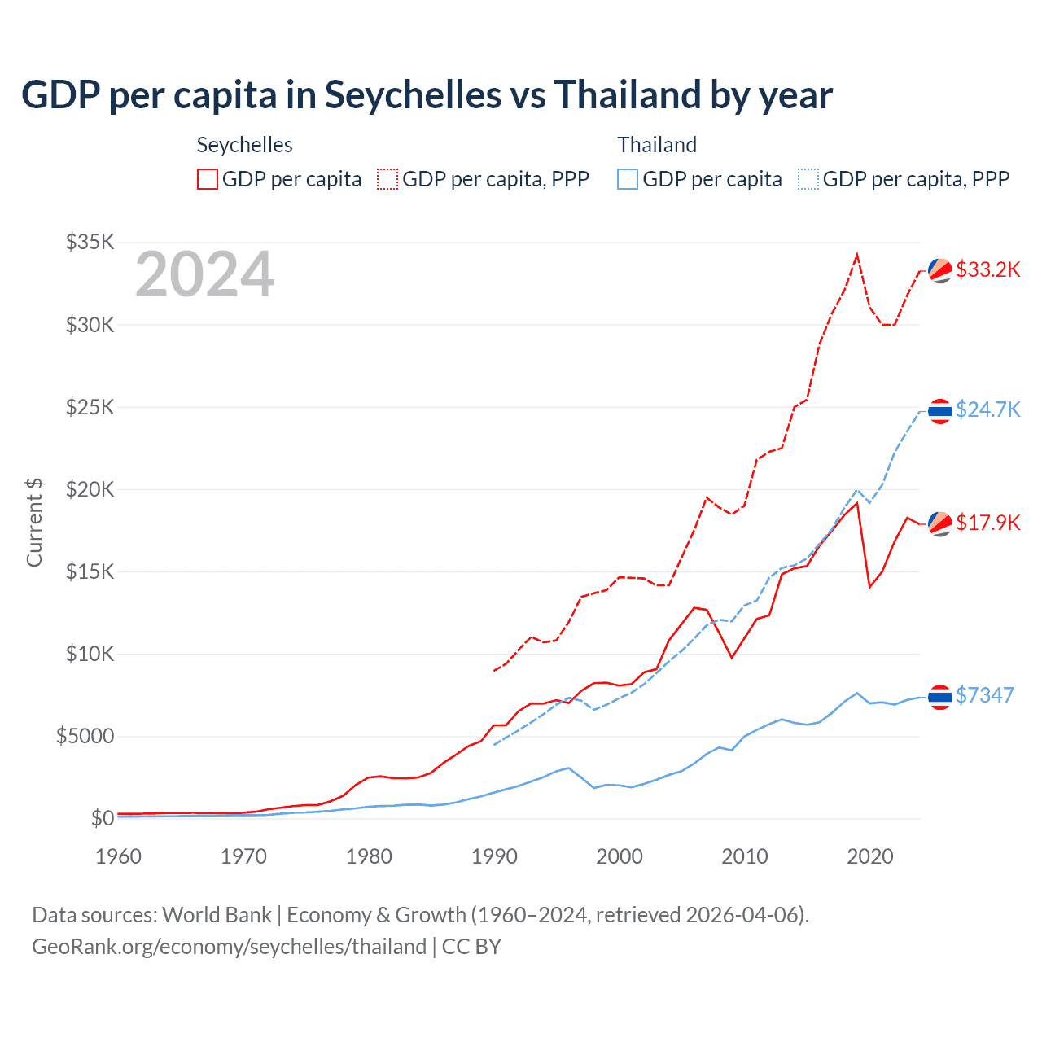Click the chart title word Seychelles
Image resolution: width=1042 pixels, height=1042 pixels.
pyautogui.click(x=413, y=94)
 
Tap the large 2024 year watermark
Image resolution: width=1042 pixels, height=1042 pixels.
pyautogui.click(x=204, y=274)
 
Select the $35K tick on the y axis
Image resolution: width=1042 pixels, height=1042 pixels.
pyautogui.click(x=90, y=242)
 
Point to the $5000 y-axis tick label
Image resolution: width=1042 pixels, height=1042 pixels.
pyautogui.click(x=85, y=736)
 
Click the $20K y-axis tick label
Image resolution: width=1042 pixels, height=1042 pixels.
pyautogui.click(x=90, y=489)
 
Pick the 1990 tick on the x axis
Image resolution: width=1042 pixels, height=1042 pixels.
pyautogui.click(x=494, y=856)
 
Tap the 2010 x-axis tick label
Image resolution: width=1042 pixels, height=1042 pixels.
pyautogui.click(x=745, y=856)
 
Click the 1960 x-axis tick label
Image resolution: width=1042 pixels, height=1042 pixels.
pyautogui.click(x=119, y=856)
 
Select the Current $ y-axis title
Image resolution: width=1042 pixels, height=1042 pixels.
pyautogui.click(x=34, y=523)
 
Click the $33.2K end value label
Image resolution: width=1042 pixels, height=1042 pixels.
pyautogui.click(x=987, y=269)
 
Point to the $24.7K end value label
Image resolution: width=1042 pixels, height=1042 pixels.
pyautogui.click(x=987, y=409)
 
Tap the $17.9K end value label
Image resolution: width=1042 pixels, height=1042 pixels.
pyautogui.click(x=987, y=523)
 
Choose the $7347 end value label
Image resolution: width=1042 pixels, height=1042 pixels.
pyautogui.click(x=984, y=695)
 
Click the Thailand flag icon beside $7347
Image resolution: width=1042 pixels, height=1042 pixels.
pyautogui.click(x=940, y=697)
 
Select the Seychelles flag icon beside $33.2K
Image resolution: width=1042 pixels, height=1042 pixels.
pyautogui.click(x=940, y=270)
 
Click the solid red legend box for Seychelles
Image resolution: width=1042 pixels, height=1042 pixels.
pyautogui.click(x=208, y=179)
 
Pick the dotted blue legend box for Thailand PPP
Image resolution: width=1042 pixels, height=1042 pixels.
pyautogui.click(x=808, y=179)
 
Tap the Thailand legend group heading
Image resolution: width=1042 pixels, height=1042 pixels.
pyautogui.click(x=657, y=145)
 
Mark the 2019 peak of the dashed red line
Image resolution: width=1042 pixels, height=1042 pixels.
pyautogui.click(x=857, y=256)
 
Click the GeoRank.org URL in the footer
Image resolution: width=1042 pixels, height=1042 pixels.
pyautogui.click(x=229, y=947)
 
